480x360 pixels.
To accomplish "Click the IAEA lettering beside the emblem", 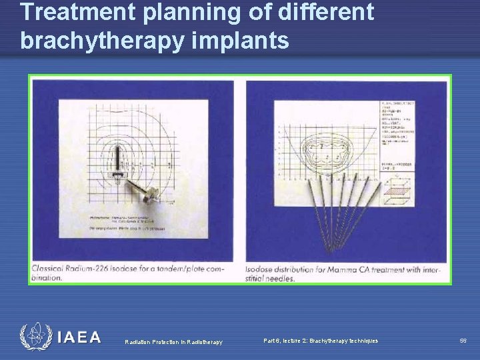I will [78, 338].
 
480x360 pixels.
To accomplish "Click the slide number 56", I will [463, 341].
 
